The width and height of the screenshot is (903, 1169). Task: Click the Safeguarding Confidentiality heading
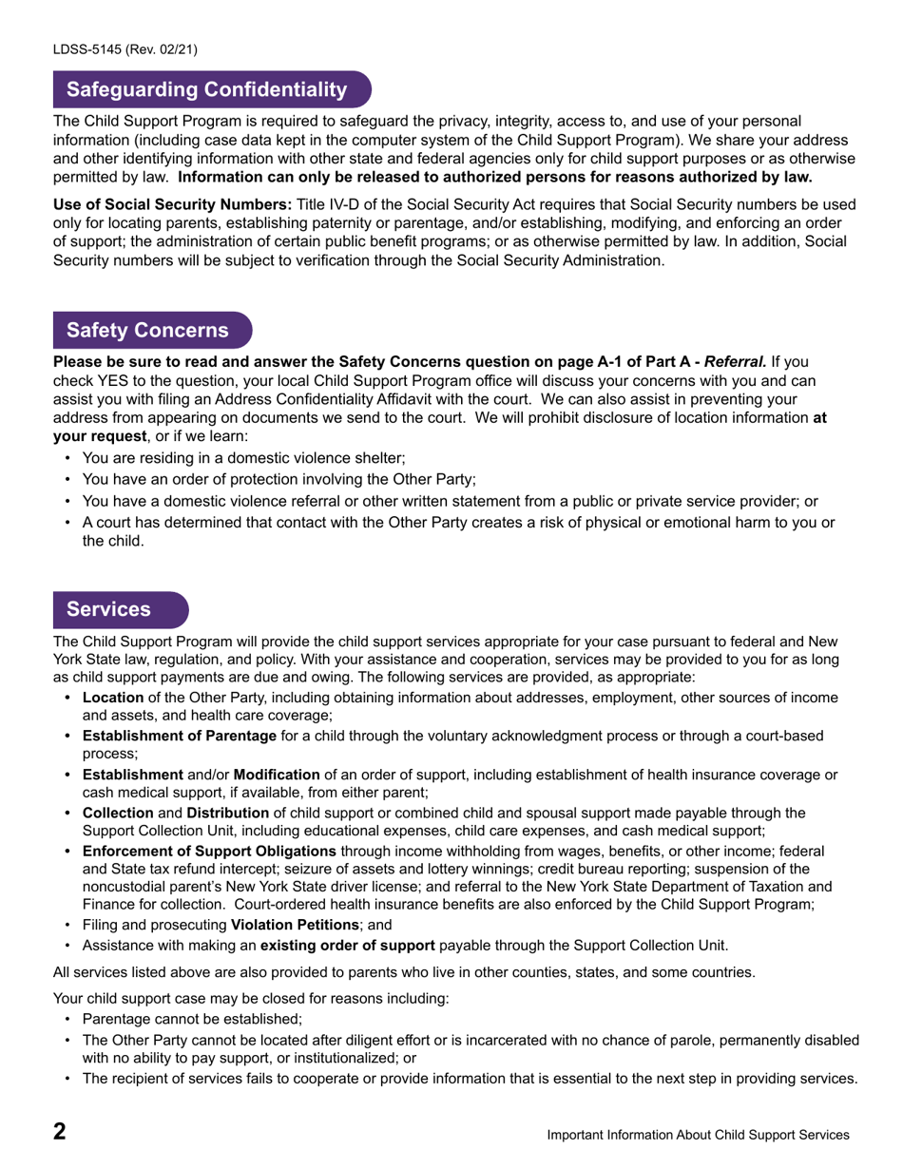pyautogui.click(x=206, y=89)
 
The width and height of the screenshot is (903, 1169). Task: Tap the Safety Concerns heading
pyautogui.click(x=147, y=330)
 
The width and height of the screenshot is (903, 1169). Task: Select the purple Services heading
pyautogui.click(x=108, y=609)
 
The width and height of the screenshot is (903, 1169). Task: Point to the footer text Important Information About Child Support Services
pyautogui.click(x=698, y=1135)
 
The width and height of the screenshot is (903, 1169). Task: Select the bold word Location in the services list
pyautogui.click(x=113, y=698)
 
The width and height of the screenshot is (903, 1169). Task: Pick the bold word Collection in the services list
pyautogui.click(x=118, y=813)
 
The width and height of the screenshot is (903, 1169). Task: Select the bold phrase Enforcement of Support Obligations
pyautogui.click(x=209, y=851)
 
